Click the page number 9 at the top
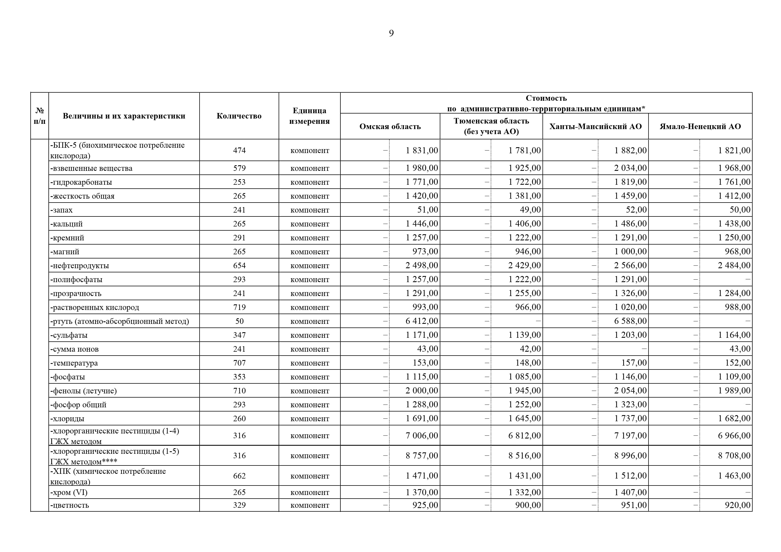click(391, 33)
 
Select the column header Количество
click(239, 116)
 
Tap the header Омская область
click(390, 127)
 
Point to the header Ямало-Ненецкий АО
click(700, 127)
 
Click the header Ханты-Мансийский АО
click(595, 127)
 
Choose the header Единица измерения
click(309, 116)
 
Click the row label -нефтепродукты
click(80, 266)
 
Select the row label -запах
click(62, 210)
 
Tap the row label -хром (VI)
click(69, 492)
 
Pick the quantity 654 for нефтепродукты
click(239, 266)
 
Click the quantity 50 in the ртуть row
click(239, 321)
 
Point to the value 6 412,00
click(421, 321)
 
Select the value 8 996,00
click(630, 456)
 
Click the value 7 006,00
click(421, 436)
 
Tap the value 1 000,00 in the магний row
click(630, 252)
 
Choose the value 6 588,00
click(630, 321)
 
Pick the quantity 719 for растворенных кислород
click(239, 307)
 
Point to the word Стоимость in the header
click(546, 98)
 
